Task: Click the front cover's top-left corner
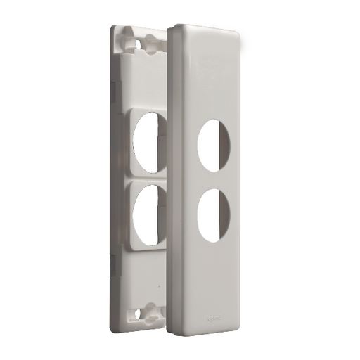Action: point(174,28)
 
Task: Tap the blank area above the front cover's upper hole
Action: point(211,77)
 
